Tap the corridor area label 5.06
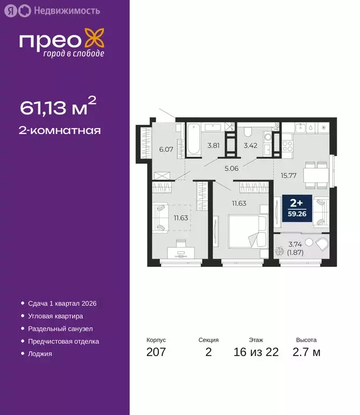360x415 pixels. click(x=232, y=168)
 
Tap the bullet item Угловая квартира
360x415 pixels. click(x=56, y=316)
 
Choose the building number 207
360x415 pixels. click(x=156, y=353)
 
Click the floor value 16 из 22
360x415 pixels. click(x=256, y=353)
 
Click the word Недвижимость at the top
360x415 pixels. click(x=66, y=10)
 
